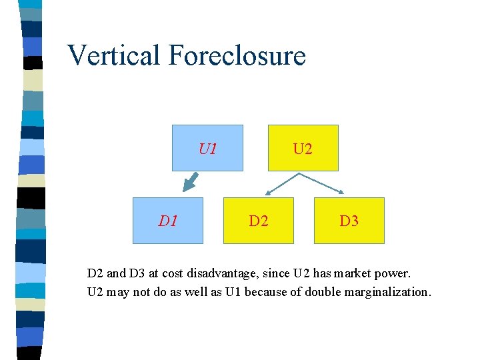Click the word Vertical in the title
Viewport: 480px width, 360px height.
113,55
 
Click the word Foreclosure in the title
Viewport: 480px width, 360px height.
237,55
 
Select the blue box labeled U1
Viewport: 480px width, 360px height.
207,148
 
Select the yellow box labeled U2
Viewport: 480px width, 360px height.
303,148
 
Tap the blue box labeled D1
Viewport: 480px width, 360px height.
167,220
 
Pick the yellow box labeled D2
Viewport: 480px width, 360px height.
258,220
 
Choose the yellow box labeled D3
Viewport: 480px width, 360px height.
349,220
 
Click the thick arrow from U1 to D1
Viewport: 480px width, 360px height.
191,181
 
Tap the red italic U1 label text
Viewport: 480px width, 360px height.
207,148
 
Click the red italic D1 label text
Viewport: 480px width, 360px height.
167,220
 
